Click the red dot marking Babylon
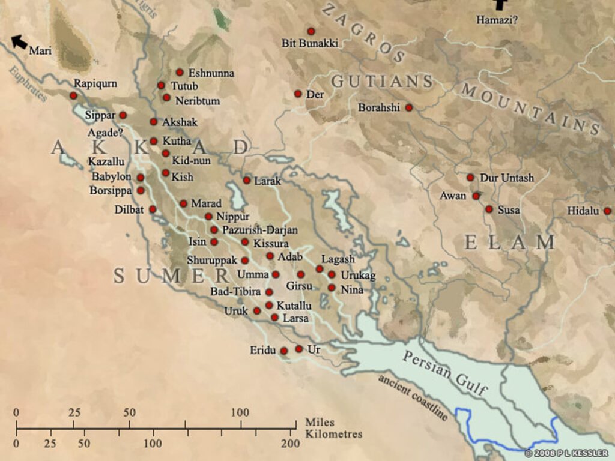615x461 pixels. coord(141,178)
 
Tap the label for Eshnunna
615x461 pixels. coord(211,73)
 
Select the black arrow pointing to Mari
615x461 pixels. coord(19,42)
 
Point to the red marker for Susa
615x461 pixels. coord(489,209)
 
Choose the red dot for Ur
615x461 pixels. coord(299,349)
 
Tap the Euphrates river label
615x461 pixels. coord(28,84)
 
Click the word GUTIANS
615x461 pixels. coord(382,81)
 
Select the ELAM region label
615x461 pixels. coord(510,243)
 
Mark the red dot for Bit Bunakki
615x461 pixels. coord(311,31)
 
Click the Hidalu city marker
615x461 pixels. coord(607,211)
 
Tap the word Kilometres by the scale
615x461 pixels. coord(333,434)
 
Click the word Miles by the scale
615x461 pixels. coord(320,423)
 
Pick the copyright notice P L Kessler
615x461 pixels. coord(566,453)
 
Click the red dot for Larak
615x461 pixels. coord(247,180)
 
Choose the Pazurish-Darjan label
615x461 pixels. coord(259,230)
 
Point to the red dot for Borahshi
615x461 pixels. coord(409,107)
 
